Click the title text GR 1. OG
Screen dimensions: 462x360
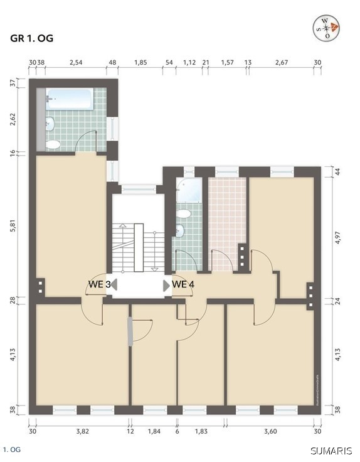coord(32,38)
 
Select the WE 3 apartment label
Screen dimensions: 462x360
coord(99,285)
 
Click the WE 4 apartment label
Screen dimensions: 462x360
coord(184,285)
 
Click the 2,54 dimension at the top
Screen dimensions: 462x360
coord(76,63)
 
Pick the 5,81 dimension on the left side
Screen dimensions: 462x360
coord(13,225)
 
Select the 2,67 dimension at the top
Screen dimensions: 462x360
coord(281,63)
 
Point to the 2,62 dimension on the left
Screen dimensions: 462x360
coord(13,119)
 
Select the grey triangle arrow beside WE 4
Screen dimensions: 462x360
coord(166,286)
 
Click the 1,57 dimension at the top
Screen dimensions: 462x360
coord(226,63)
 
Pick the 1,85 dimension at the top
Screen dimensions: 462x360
coord(140,63)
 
